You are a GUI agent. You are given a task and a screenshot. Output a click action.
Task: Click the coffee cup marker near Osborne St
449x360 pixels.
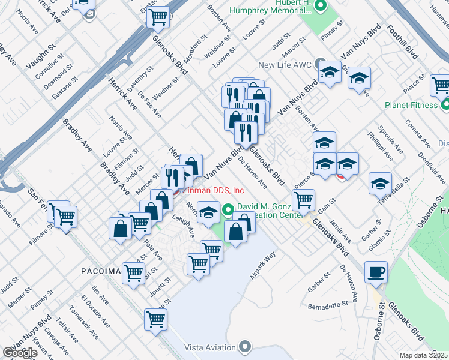coord(376,272)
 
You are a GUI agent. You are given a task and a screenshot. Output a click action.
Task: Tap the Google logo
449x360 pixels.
coord(20,353)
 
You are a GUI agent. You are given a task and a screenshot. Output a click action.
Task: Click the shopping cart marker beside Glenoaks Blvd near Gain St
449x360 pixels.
coord(304,199)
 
